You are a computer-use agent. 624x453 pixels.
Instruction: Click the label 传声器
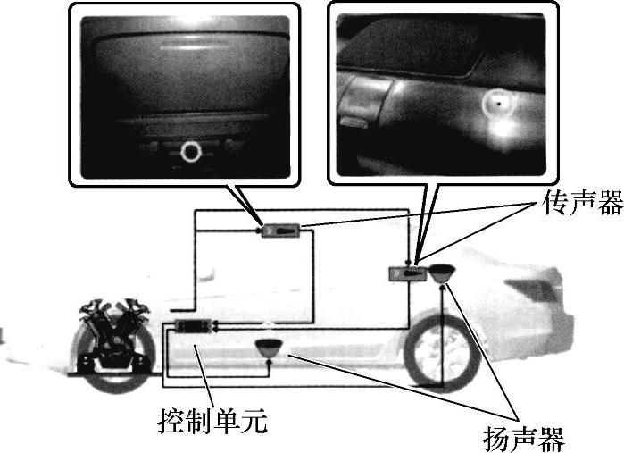(583, 202)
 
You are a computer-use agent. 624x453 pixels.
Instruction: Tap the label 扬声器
(524, 439)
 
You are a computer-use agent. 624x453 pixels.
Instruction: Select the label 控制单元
(212, 421)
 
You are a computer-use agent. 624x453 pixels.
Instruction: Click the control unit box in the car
(194, 326)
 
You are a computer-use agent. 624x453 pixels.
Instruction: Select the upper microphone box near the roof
(281, 231)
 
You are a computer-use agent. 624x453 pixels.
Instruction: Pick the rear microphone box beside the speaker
(408, 274)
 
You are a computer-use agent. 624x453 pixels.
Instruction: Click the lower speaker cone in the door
(270, 348)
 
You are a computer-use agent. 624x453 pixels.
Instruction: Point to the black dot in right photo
(498, 104)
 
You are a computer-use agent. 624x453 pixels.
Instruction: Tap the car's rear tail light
(530, 289)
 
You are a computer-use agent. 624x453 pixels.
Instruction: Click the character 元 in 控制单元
(254, 421)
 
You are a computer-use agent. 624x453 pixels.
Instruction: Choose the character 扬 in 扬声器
(496, 439)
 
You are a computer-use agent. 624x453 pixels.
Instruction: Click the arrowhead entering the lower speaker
(270, 361)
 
